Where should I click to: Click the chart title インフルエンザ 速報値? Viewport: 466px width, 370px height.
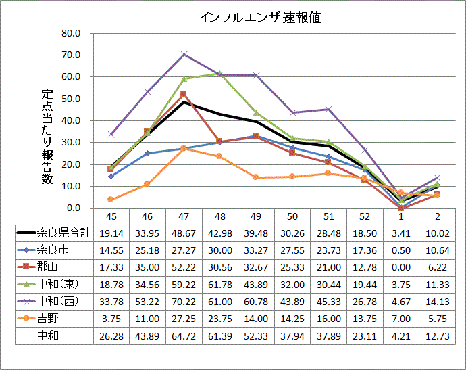coord(260,18)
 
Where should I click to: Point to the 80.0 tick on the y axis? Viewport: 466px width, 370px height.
coord(70,33)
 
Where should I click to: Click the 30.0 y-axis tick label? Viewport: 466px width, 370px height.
coord(70,142)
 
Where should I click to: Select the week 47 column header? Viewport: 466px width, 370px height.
coord(184,216)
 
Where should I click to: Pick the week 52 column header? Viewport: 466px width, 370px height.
coord(365,216)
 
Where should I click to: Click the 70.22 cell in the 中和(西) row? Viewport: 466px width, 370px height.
coord(184,301)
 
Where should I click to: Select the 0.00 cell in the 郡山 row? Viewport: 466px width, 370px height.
coord(401,267)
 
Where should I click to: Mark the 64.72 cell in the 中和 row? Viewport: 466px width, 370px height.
coord(184,335)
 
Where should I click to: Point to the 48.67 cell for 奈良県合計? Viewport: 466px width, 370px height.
coord(184,233)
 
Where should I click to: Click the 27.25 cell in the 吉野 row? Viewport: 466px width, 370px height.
coord(184,318)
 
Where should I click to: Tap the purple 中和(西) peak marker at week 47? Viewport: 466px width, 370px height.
coord(184,55)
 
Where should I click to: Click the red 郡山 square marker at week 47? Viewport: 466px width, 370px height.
coord(184,94)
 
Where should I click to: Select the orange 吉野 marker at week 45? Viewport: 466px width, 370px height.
coord(111,200)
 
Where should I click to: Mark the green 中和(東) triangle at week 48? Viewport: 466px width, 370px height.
coord(220,73)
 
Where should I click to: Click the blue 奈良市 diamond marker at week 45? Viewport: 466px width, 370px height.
coord(111,176)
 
